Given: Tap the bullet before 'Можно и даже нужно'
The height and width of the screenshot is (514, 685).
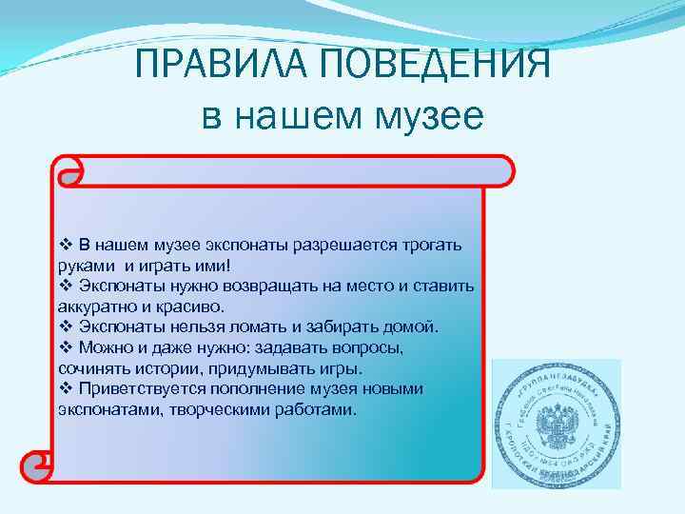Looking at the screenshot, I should click(x=65, y=347).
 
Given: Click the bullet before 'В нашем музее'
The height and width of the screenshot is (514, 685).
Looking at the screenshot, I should click(x=65, y=245).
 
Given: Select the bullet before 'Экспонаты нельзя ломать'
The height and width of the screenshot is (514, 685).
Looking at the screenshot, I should click(x=65, y=326).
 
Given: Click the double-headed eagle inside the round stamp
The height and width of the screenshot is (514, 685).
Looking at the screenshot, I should click(x=555, y=424).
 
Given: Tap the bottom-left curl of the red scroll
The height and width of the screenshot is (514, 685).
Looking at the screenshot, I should click(x=40, y=465).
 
